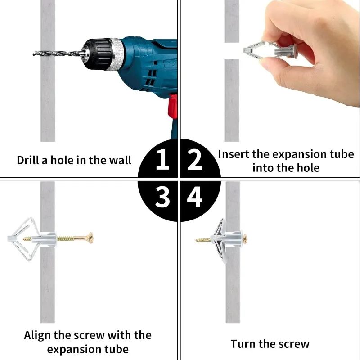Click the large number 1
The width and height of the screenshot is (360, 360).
tap(162, 159)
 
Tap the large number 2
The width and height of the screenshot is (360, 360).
tap(195, 159)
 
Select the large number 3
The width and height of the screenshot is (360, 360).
tap(162, 197)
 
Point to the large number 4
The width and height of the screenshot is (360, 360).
tap(195, 197)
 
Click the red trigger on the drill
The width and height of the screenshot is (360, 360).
tap(173, 106)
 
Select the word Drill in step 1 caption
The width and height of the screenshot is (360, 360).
tap(28, 160)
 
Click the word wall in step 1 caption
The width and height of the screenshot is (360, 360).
tap(120, 160)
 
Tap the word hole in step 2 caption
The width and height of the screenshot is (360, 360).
tap(308, 168)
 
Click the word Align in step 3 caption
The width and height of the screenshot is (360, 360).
tap(37, 336)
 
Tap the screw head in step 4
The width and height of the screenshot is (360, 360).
tap(245, 239)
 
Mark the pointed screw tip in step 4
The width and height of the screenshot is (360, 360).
tap(196, 240)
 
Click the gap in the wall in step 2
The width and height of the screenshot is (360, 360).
tap(232, 51)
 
